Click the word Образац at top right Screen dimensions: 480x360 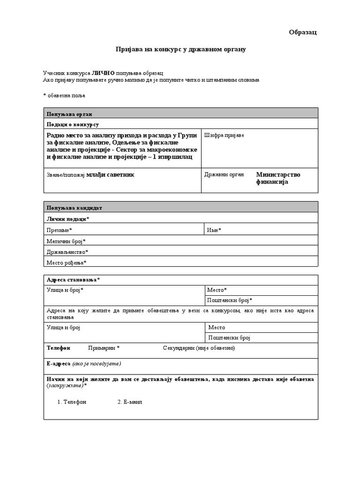coord(303,32)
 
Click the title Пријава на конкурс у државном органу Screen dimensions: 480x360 coord(181,50)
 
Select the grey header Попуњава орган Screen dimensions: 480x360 coord(69,114)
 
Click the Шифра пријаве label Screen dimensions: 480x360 coord(224,135)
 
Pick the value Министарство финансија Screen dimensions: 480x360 coord(278,178)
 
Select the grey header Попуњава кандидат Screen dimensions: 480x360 coord(74,208)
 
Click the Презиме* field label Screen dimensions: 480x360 coord(60,230)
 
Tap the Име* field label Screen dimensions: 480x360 coord(214,230)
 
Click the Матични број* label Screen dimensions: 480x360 coord(66,241)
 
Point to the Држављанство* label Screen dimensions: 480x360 coord(67,252)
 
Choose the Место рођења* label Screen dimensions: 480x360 coord(67,262)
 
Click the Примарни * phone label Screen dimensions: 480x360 coord(104,348)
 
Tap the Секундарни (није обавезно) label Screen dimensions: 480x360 coord(199,348)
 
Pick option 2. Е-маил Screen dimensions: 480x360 coord(129,402)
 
